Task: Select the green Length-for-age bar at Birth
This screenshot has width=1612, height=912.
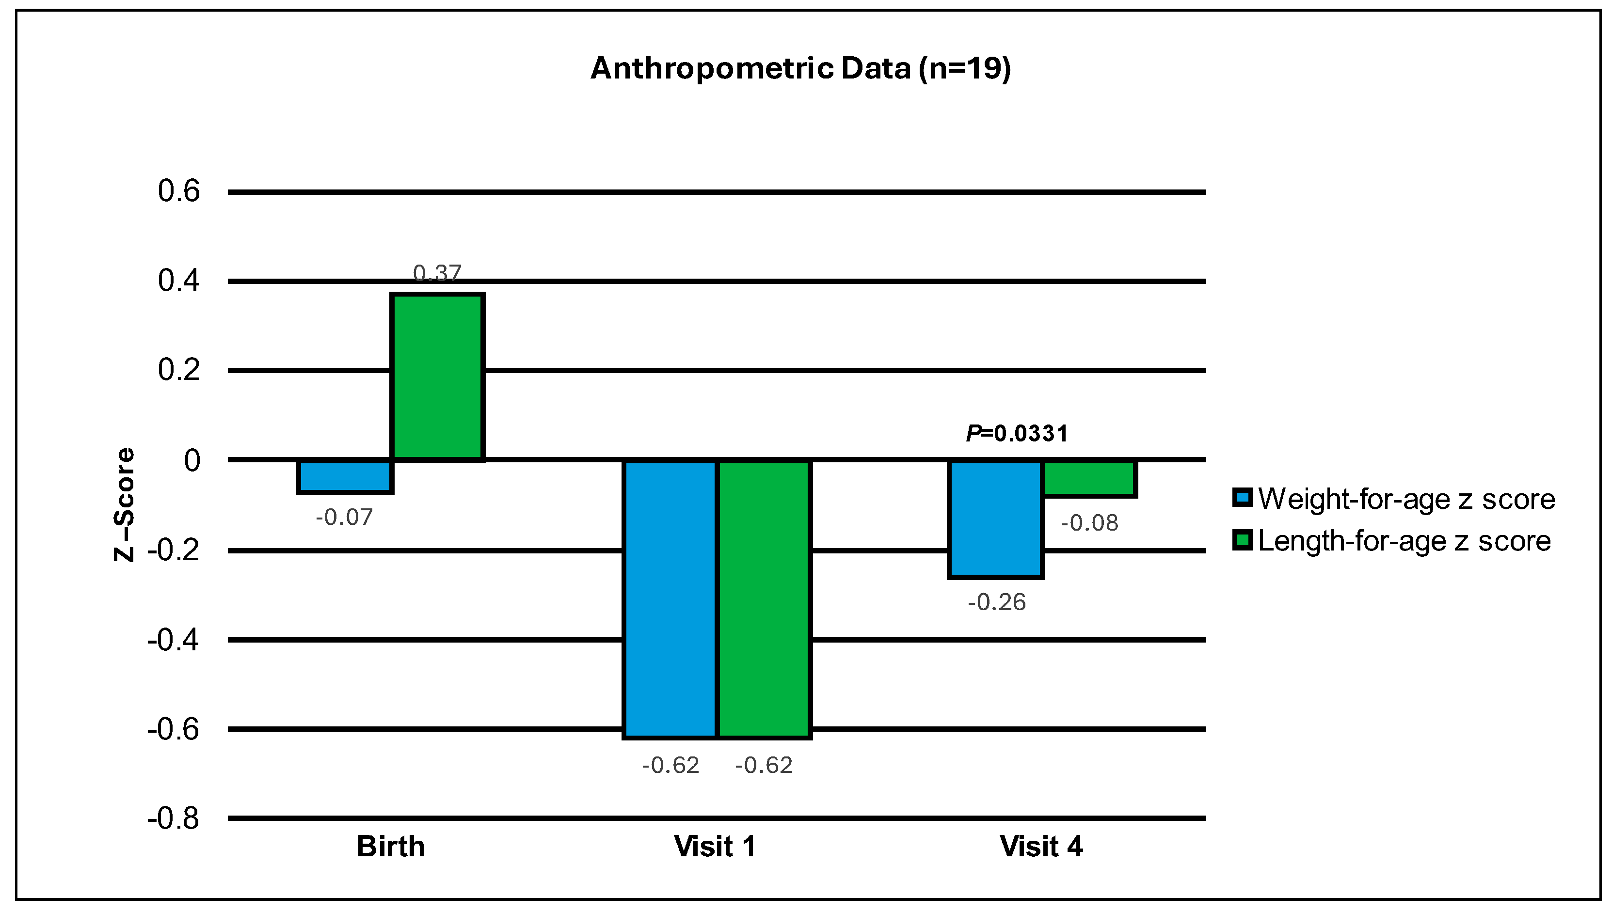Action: tap(437, 377)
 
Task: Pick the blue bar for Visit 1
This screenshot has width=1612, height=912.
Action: tap(670, 598)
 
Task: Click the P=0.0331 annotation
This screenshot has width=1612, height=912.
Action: tap(1016, 433)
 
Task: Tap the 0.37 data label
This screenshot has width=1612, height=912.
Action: tap(437, 273)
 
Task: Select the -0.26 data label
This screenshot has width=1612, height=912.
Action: tap(996, 602)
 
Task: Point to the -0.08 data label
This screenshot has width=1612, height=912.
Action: tap(1089, 523)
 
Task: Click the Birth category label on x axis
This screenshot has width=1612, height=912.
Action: tap(390, 846)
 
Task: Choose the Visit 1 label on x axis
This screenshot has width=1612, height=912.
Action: tap(714, 846)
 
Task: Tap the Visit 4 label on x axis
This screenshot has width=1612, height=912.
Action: tap(1040, 846)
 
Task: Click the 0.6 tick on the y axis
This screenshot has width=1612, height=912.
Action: tap(178, 191)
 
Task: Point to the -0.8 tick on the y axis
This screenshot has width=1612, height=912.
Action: tap(173, 818)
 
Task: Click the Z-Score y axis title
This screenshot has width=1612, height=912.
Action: tap(124, 504)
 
